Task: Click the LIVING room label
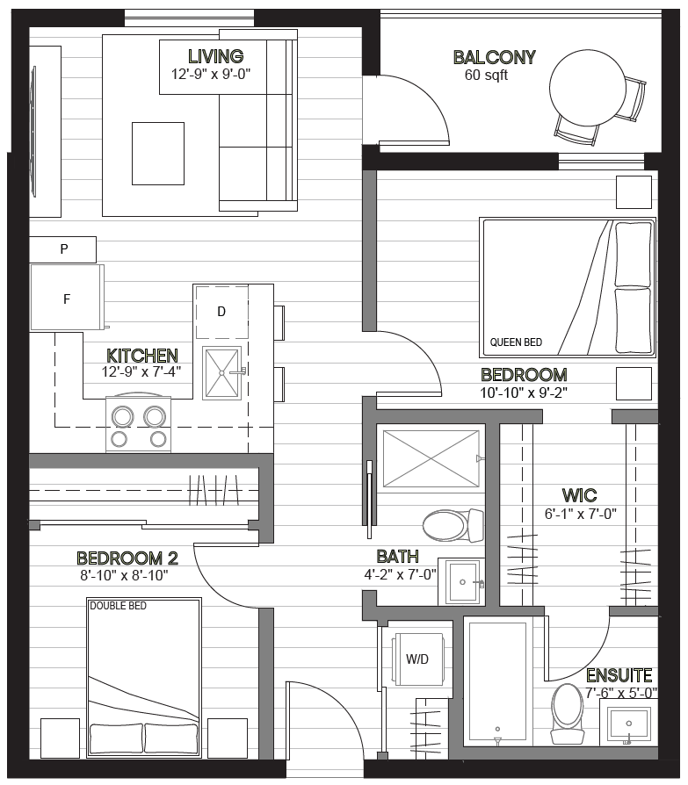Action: [216, 56]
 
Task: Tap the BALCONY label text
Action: [495, 58]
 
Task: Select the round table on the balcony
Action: [587, 88]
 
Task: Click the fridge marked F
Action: [67, 298]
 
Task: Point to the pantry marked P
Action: [62, 249]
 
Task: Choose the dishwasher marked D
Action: [221, 312]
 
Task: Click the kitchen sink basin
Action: [221, 373]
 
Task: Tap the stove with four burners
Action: [138, 424]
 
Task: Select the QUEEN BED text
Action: [516, 342]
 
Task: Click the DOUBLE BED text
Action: [119, 606]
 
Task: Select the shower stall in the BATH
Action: [431, 458]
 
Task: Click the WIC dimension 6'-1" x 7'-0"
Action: [580, 515]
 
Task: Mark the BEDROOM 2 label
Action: [127, 558]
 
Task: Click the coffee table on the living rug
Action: [158, 154]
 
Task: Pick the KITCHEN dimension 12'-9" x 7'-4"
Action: [141, 372]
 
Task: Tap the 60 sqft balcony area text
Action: [486, 76]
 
